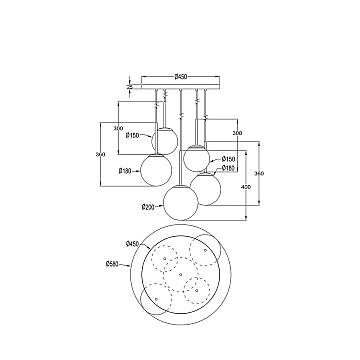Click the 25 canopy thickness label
pos(130,88)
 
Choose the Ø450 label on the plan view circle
pos(132,243)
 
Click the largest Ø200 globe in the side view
pos(180,201)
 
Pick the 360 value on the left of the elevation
pos(98,154)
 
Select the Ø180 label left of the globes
pos(125,170)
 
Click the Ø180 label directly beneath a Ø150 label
pos(229,167)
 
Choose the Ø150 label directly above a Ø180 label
pos(229,158)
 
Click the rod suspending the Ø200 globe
pos(180,135)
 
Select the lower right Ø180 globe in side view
pos(207,186)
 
